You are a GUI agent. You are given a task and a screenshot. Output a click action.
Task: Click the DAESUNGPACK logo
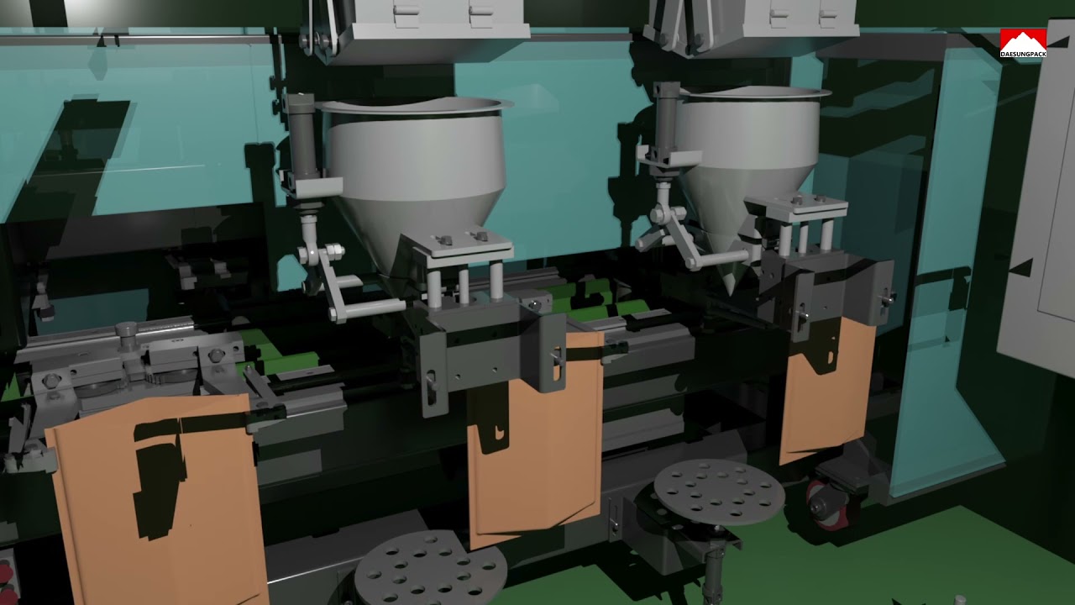tap(1023, 43)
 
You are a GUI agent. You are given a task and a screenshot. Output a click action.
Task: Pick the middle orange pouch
tap(535, 446)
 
